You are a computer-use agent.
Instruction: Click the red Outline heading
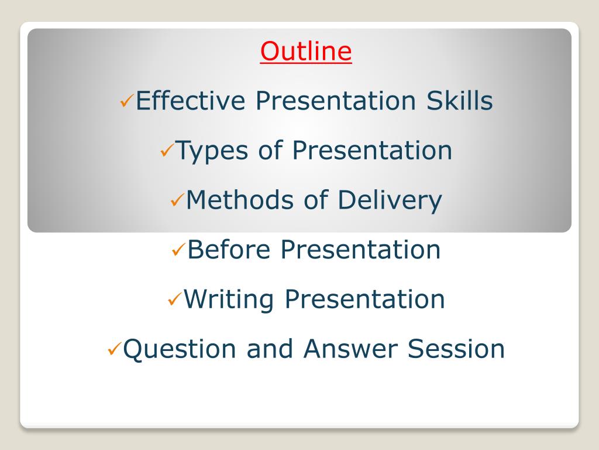[305, 51]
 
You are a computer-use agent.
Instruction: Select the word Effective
[190, 101]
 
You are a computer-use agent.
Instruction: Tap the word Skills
[460, 101]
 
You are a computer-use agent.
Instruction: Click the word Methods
[239, 200]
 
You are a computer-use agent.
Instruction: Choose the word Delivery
[390, 200]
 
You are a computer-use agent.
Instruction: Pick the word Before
[229, 250]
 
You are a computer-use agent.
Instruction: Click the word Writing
[229, 299]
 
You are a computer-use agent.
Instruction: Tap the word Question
[180, 349]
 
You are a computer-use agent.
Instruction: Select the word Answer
[350, 349]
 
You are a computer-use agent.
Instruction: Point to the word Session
[456, 349]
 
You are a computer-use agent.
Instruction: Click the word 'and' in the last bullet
[270, 349]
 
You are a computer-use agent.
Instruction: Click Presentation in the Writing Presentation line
[365, 299]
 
